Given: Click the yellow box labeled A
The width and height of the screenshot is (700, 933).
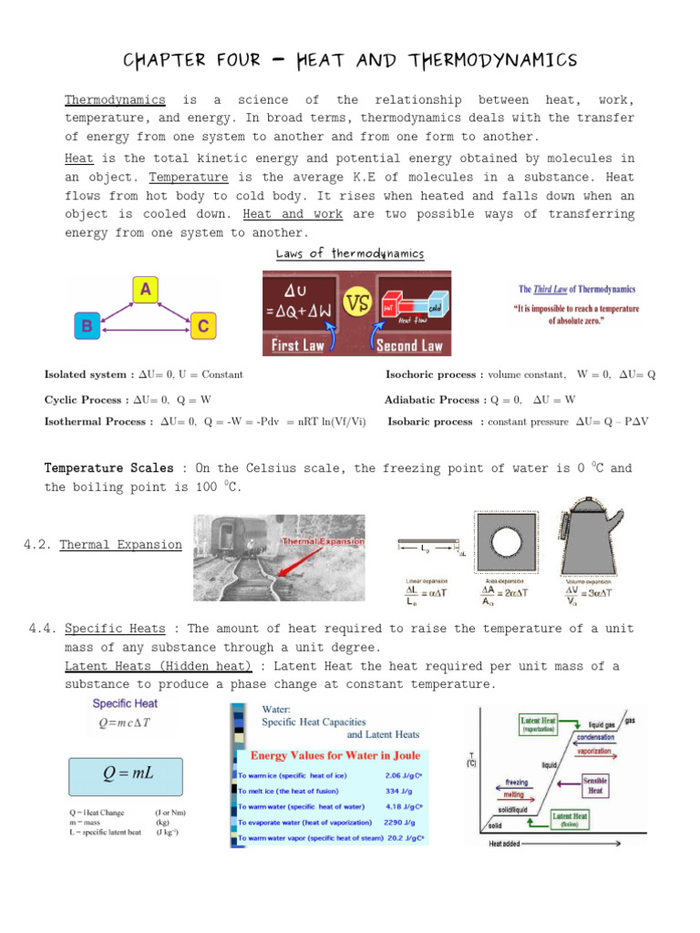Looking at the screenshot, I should [144, 290].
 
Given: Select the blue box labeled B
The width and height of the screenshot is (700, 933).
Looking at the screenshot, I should [86, 324].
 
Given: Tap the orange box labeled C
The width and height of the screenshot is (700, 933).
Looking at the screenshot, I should [202, 325].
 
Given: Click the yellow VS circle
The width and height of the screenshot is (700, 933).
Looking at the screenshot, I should [351, 302].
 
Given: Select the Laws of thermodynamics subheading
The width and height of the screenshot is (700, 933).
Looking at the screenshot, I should [350, 253].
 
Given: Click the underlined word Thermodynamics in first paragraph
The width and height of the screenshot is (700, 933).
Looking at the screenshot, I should [115, 99].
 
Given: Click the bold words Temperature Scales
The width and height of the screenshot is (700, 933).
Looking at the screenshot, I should [108, 468].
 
